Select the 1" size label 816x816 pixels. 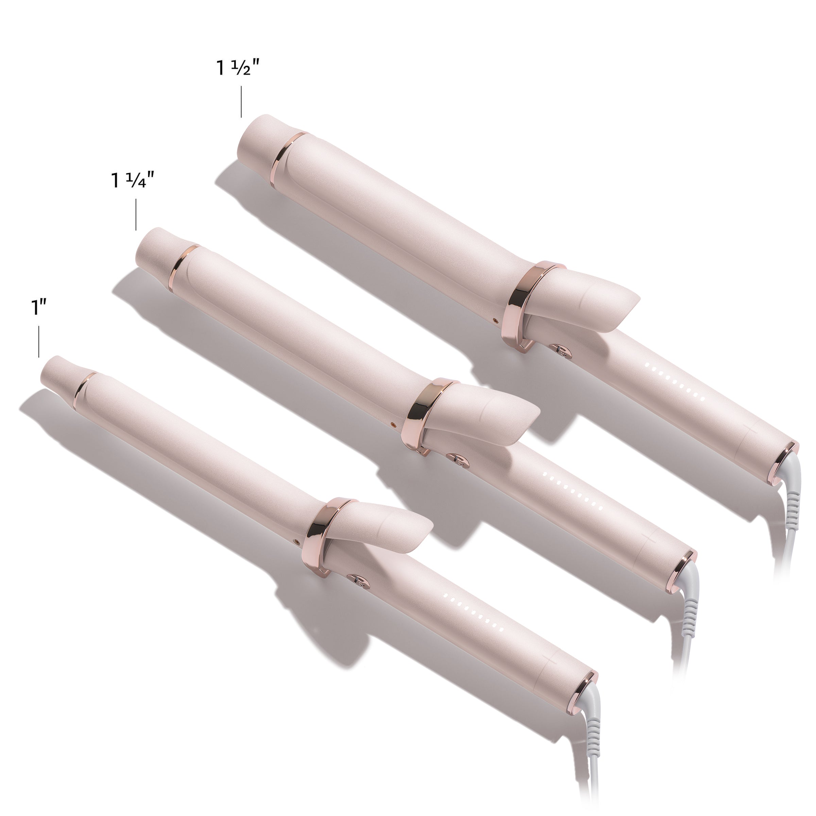[38, 308]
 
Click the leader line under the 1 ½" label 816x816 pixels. [241, 102]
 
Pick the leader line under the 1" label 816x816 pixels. [38, 341]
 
